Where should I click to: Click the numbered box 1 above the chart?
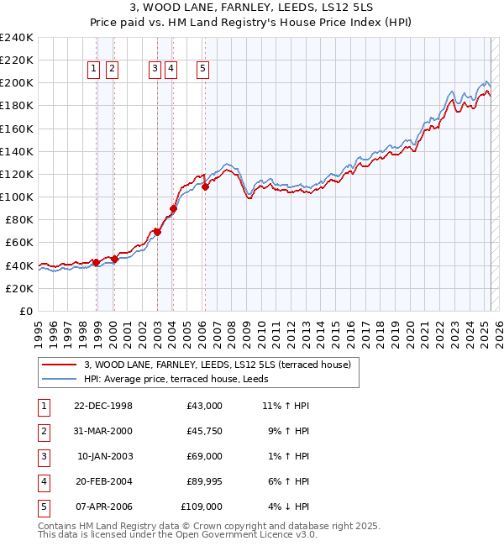93,70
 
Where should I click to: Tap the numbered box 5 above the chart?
203,70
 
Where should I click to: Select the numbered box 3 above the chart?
155,70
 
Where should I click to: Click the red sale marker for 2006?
206,187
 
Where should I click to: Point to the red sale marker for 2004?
174,208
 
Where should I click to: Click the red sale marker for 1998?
97,262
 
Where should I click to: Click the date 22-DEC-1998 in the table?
103,406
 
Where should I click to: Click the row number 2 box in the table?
43,431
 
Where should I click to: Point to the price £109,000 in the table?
202,507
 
